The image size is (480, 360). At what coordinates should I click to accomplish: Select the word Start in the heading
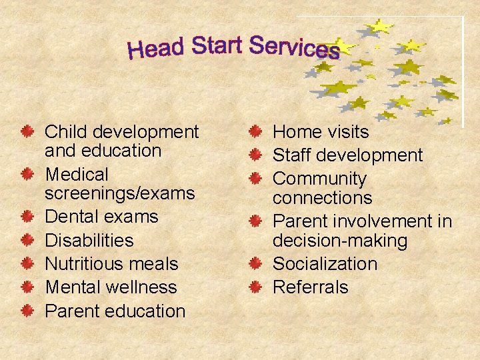(217, 45)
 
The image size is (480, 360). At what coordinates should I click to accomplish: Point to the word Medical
(77, 175)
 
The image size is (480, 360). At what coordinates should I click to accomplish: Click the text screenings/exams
(119, 193)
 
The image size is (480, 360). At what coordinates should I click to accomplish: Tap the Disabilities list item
(89, 240)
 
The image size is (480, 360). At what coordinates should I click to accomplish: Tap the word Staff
(293, 155)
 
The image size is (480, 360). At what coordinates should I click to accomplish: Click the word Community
(320, 179)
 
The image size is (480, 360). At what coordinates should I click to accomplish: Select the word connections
(323, 198)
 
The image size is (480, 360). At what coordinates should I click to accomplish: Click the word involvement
(381, 221)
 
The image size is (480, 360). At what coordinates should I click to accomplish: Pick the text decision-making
(331, 240)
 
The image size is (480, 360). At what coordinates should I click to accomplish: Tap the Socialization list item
(325, 263)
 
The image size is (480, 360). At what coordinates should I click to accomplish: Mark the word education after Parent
(147, 311)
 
